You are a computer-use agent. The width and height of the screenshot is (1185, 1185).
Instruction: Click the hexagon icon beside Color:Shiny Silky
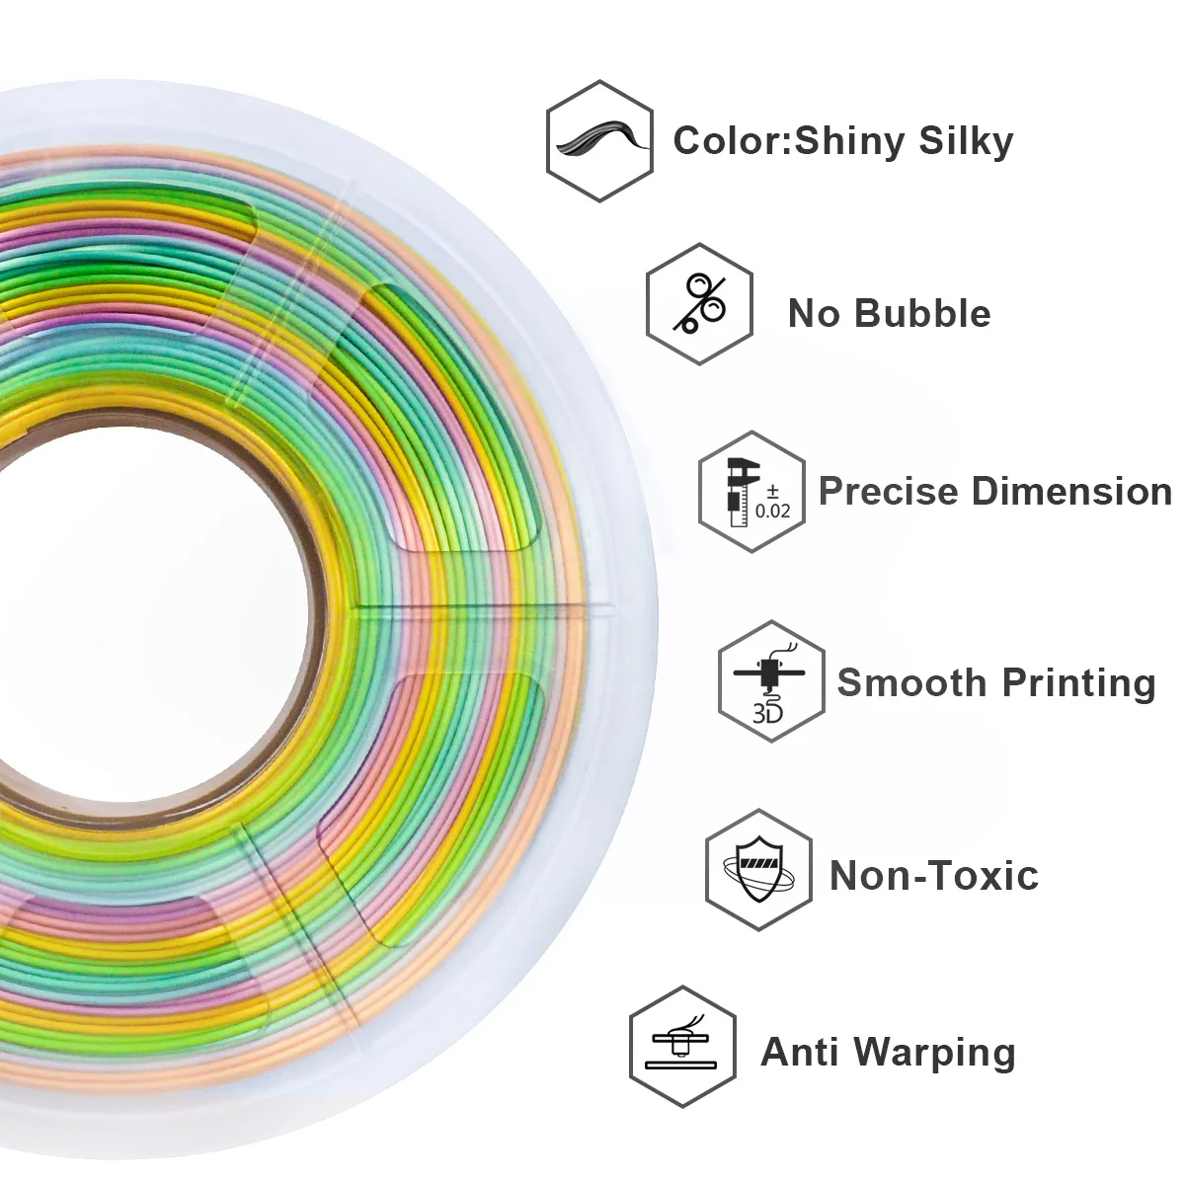(x=599, y=141)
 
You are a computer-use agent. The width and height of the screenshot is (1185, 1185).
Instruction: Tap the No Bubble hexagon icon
(x=699, y=304)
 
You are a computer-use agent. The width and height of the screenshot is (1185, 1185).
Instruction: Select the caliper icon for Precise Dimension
(x=751, y=491)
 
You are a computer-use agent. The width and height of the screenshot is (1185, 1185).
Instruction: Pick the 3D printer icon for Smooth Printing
(x=770, y=682)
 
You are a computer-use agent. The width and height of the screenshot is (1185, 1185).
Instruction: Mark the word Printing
(x=1078, y=683)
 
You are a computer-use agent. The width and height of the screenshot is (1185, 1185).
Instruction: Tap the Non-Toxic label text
(x=933, y=875)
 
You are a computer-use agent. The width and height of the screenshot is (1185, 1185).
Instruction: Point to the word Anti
(x=799, y=1051)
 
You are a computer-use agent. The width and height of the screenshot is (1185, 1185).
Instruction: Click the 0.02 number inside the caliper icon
(x=773, y=511)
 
